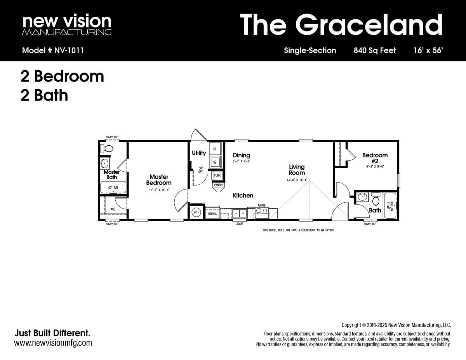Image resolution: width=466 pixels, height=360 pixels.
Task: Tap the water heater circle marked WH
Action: click(196, 213)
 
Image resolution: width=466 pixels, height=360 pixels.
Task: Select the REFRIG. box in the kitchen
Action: click(212, 214)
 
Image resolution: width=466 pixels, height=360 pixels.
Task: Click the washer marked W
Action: click(215, 162)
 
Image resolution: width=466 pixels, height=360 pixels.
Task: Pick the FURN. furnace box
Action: click(217, 176)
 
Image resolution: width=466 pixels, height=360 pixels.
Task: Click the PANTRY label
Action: click(218, 185)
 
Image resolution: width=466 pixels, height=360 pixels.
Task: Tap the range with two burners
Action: click(261, 212)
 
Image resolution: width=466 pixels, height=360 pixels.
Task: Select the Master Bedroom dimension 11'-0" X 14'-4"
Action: click(158, 190)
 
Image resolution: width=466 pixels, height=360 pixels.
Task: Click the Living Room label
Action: click(297, 170)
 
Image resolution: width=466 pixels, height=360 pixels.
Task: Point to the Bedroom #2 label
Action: click(375, 158)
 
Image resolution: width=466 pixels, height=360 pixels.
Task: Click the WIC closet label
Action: click(113, 209)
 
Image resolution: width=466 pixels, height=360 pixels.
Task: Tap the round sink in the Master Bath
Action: click(105, 163)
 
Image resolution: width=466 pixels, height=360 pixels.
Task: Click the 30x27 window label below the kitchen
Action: click(239, 224)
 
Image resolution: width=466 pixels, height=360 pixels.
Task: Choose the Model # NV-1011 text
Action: click(53, 50)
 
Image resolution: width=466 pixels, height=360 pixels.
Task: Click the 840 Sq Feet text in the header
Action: click(374, 50)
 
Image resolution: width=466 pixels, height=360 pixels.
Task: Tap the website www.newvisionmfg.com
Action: click(53, 343)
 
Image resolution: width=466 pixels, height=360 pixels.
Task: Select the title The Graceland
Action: click(341, 24)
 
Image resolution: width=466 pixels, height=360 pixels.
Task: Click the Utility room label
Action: click(199, 153)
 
